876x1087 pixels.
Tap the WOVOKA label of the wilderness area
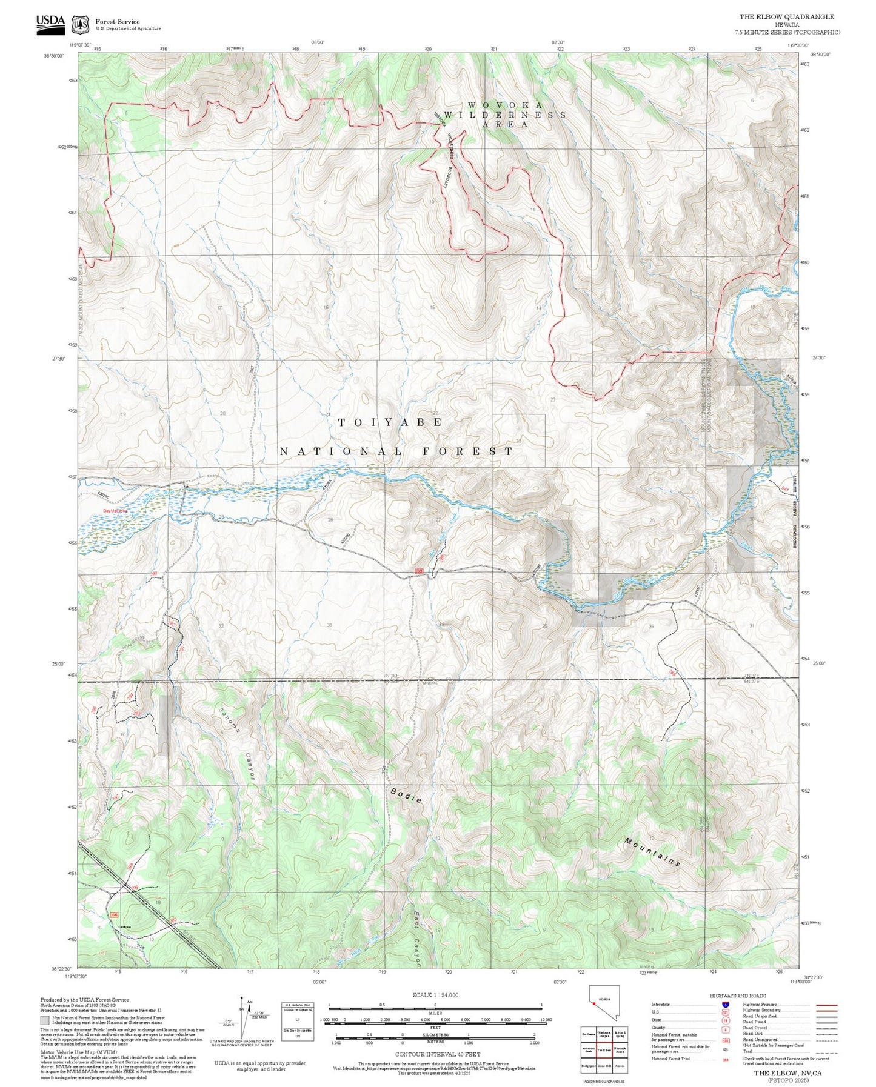(x=505, y=105)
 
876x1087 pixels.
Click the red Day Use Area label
(x=115, y=511)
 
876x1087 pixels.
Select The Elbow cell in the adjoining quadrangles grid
(x=604, y=1050)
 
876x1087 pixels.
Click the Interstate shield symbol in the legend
(x=725, y=1004)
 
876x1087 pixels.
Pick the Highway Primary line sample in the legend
(x=826, y=1005)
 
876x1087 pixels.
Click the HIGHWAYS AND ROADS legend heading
(x=738, y=996)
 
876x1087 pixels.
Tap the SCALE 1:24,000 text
(x=435, y=995)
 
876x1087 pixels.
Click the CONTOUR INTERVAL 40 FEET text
(x=437, y=1054)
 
